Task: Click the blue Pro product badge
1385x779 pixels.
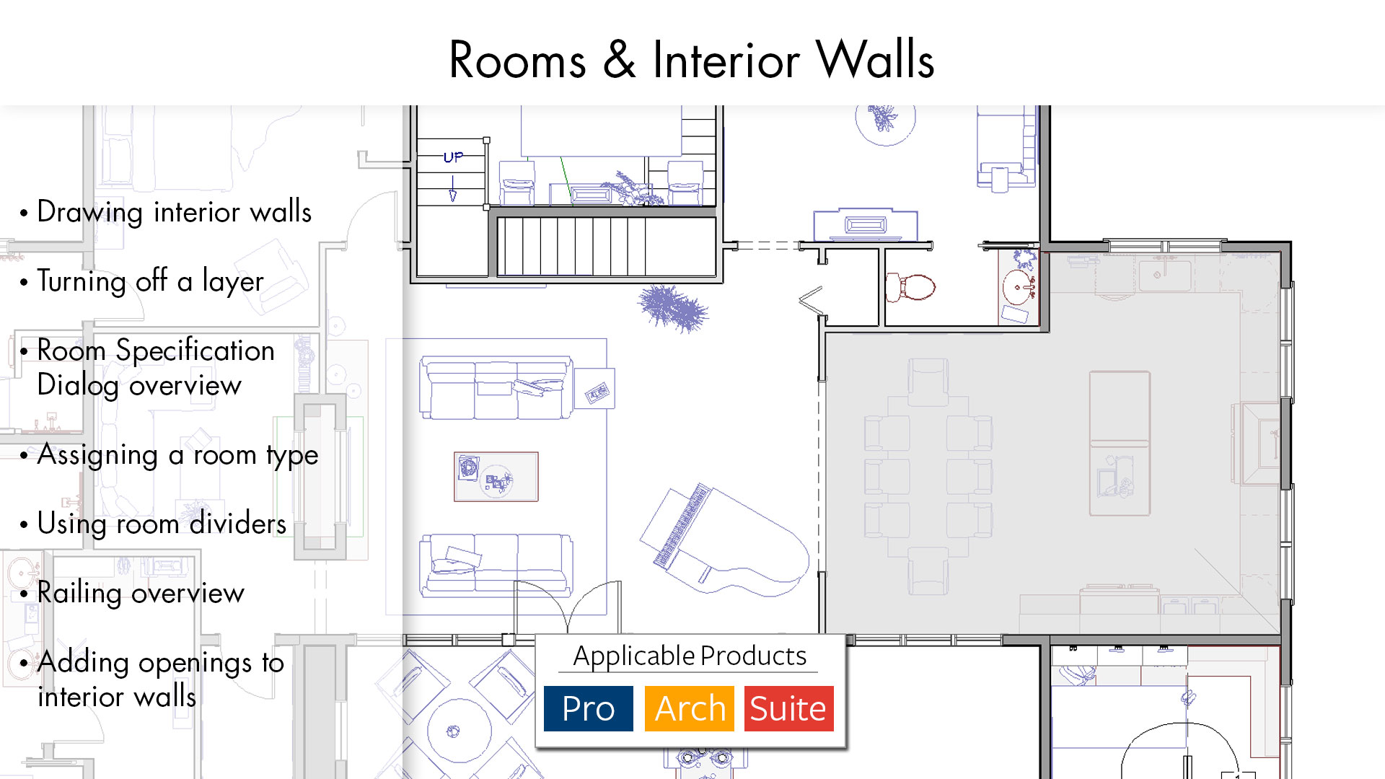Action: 588,708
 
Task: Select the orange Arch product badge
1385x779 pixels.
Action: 689,708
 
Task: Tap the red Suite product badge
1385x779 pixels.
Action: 788,708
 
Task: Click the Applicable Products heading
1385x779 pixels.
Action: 690,656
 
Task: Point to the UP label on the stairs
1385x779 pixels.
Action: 453,157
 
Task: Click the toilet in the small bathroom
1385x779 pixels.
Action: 910,287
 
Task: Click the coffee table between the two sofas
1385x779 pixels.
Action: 496,476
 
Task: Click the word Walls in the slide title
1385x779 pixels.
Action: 875,59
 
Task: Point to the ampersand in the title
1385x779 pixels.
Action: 619,59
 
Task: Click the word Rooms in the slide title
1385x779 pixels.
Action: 517,59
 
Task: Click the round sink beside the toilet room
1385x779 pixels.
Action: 1018,287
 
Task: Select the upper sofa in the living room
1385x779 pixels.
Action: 496,388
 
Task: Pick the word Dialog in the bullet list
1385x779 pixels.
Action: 78,385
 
